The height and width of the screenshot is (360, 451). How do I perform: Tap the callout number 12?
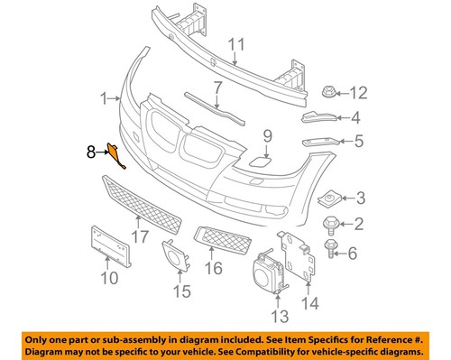[x=359, y=91]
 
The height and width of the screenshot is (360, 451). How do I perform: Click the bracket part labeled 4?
[x=318, y=117]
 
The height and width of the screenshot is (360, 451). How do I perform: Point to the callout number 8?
[x=89, y=153]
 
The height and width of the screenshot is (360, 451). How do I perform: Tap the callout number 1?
[x=105, y=97]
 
